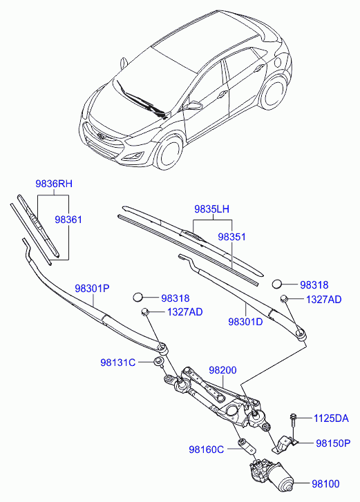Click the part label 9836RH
coord(54,184)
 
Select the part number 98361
coord(68,220)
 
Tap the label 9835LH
coord(211,209)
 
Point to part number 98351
coord(232,237)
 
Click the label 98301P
coord(92,289)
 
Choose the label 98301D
coord(246,322)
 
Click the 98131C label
coord(118,363)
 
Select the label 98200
coord(223,370)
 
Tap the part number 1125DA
coord(331,418)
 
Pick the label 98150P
coord(333,443)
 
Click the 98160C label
coord(207,450)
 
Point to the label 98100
coord(325,484)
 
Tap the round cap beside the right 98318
coord(276,284)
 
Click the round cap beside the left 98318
coord(138,297)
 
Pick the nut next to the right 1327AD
coord(284,299)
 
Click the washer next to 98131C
coord(158,361)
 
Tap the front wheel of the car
coord(169,153)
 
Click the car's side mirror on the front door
coord(193,106)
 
